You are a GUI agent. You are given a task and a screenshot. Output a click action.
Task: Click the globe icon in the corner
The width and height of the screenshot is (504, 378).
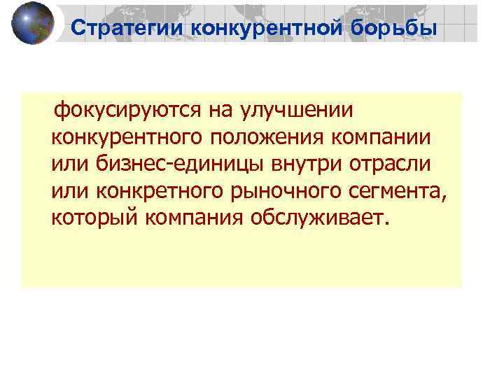click(x=33, y=23)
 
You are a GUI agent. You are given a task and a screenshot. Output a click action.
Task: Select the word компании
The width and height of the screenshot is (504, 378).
click(x=386, y=137)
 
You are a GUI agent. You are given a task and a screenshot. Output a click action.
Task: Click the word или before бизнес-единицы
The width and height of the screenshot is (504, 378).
click(x=67, y=164)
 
